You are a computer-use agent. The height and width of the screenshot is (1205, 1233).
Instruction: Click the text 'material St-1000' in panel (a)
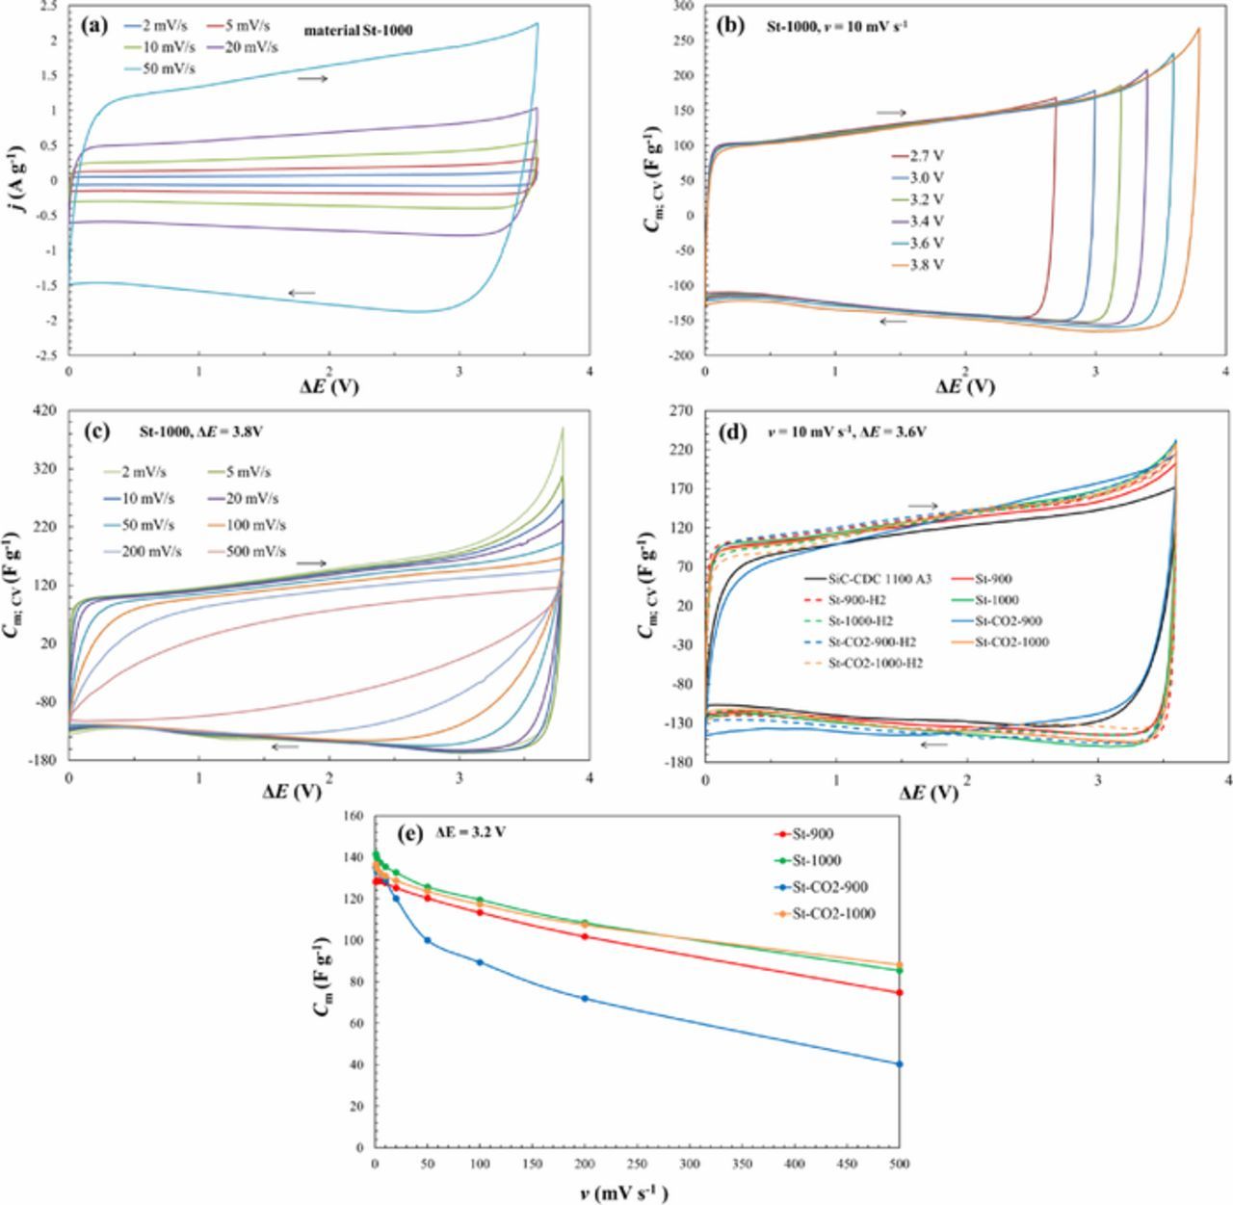tap(358, 31)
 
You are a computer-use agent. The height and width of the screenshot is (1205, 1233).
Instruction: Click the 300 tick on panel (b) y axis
tap(685, 6)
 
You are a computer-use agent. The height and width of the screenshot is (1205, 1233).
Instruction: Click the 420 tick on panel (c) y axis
tap(44, 411)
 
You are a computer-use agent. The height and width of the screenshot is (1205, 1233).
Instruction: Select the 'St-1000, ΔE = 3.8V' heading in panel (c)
tap(192, 432)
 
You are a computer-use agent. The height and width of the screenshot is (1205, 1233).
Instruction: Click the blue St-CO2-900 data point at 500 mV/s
tap(899, 1064)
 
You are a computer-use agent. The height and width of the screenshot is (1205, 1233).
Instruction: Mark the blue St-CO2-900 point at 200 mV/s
tap(585, 998)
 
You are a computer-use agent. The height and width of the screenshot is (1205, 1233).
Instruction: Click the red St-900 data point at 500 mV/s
tap(899, 992)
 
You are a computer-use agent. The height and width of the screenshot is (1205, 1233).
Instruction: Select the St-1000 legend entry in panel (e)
tap(816, 861)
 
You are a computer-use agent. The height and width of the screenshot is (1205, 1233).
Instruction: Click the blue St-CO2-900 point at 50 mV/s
tap(427, 940)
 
